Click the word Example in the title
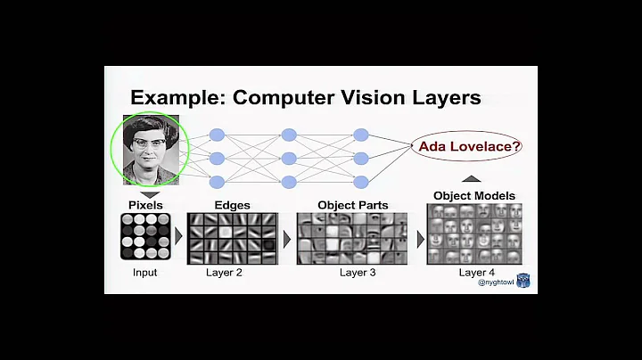177,97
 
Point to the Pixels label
144,205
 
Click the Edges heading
230,205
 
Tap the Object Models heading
473,195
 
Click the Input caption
144,272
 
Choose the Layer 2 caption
224,272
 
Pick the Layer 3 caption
358,272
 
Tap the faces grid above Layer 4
473,233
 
